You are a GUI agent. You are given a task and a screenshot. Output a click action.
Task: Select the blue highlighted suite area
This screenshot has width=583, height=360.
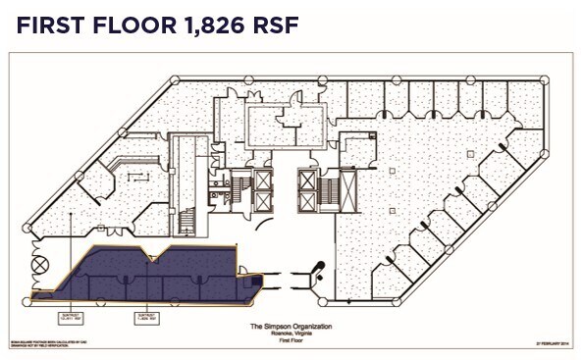click(147, 274)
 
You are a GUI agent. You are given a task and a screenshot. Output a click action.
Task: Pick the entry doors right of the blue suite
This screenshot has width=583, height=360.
click(316, 269)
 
